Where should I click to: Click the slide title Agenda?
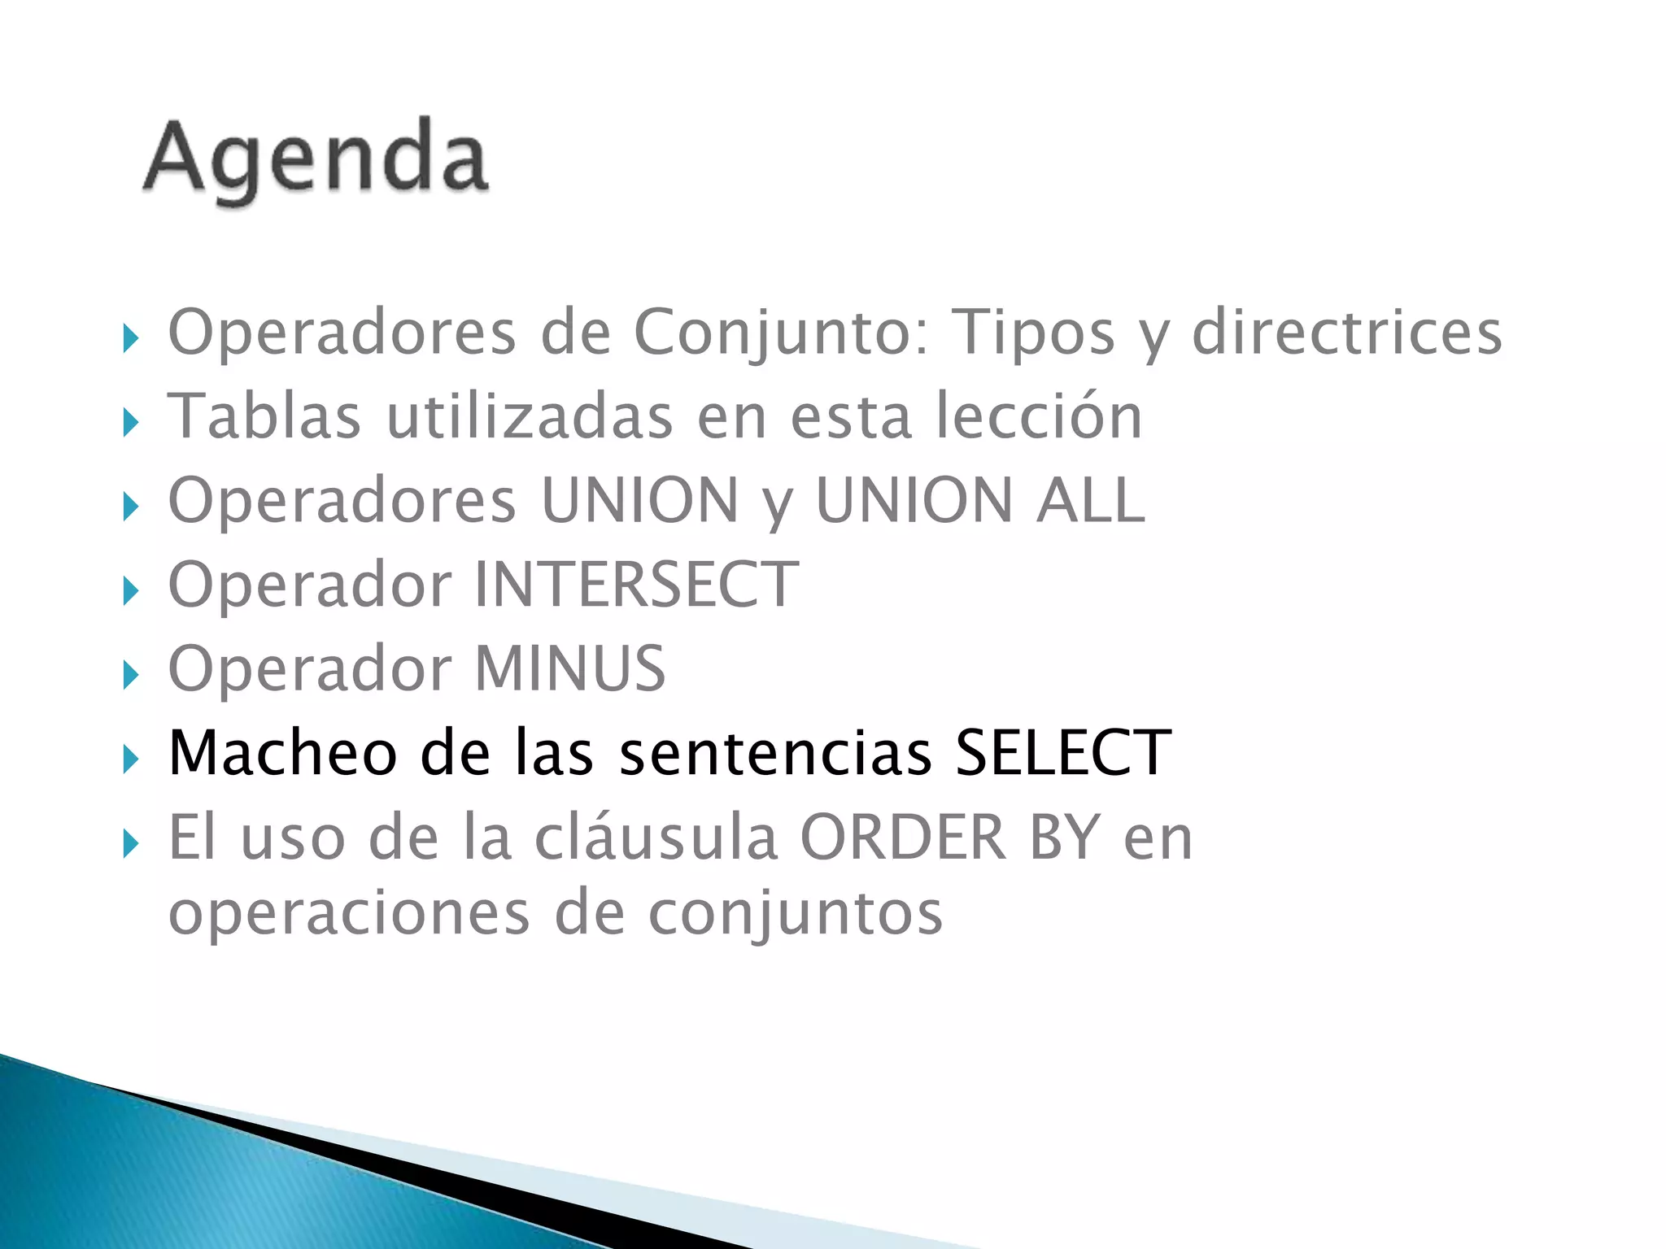coord(316,159)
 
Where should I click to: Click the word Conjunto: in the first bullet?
coord(782,333)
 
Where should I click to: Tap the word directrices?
coord(1346,333)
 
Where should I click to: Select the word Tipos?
coord(1033,333)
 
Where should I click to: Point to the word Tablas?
coord(264,416)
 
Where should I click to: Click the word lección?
coord(1039,416)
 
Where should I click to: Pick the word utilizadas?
coord(530,416)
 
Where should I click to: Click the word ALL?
coord(1090,501)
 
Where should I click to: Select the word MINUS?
coord(569,669)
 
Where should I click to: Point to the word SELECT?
coord(1062,753)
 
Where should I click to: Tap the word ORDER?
coord(904,838)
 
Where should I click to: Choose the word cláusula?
coord(656,838)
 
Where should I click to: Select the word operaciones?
coord(349,914)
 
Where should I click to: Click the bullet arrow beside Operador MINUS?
coord(131,675)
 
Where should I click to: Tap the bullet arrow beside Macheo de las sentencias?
coord(131,759)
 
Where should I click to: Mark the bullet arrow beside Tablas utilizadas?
coord(131,422)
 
